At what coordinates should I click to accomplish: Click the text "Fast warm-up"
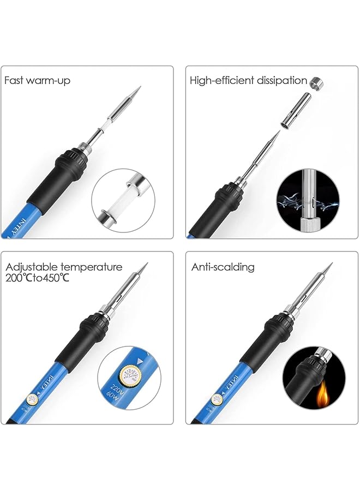click(x=37, y=81)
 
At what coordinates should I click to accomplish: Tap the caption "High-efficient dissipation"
click(x=248, y=81)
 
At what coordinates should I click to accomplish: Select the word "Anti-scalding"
click(x=223, y=267)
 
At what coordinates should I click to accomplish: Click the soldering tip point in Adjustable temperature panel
click(x=146, y=264)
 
